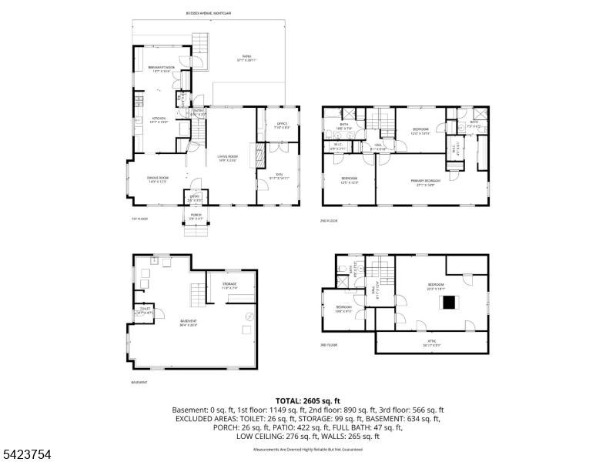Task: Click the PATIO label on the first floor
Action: coord(246,57)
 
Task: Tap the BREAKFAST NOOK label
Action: coord(162,69)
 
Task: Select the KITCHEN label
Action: coord(159,119)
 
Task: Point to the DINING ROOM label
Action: coord(159,179)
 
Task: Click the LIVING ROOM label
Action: coord(226,158)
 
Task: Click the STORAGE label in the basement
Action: coord(229,285)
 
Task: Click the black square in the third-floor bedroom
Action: coord(448,303)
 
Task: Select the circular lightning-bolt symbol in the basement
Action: coord(249,316)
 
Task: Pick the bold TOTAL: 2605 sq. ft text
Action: coord(308,401)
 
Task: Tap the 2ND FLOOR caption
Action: coord(329,221)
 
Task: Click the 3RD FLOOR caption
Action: coord(330,346)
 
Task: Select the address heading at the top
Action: coord(213,12)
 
